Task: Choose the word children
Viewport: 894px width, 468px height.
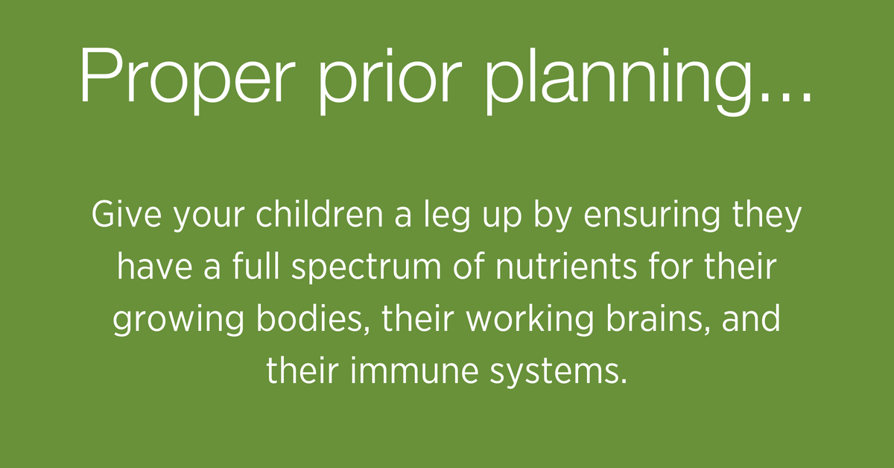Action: pos(320,215)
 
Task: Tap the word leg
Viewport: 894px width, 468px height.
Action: pos(447,217)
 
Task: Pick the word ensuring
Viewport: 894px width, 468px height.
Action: pos(652,217)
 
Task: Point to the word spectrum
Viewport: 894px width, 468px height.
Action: pos(367,269)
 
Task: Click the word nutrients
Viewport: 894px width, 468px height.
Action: pos(566,268)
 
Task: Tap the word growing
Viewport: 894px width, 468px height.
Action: pos(178,321)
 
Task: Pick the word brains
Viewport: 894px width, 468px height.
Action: pos(659,319)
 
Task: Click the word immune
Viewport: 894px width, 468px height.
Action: pos(414,370)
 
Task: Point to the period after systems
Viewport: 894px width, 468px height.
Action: pos(624,380)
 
